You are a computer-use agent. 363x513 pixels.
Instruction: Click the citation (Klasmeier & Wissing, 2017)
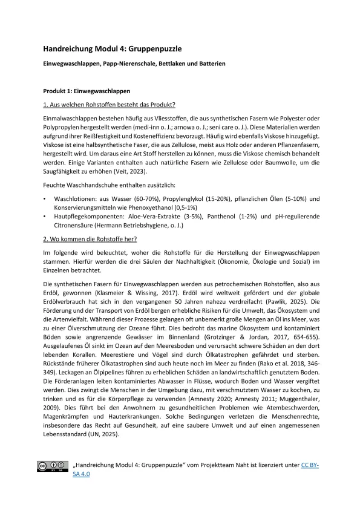[122, 292]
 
